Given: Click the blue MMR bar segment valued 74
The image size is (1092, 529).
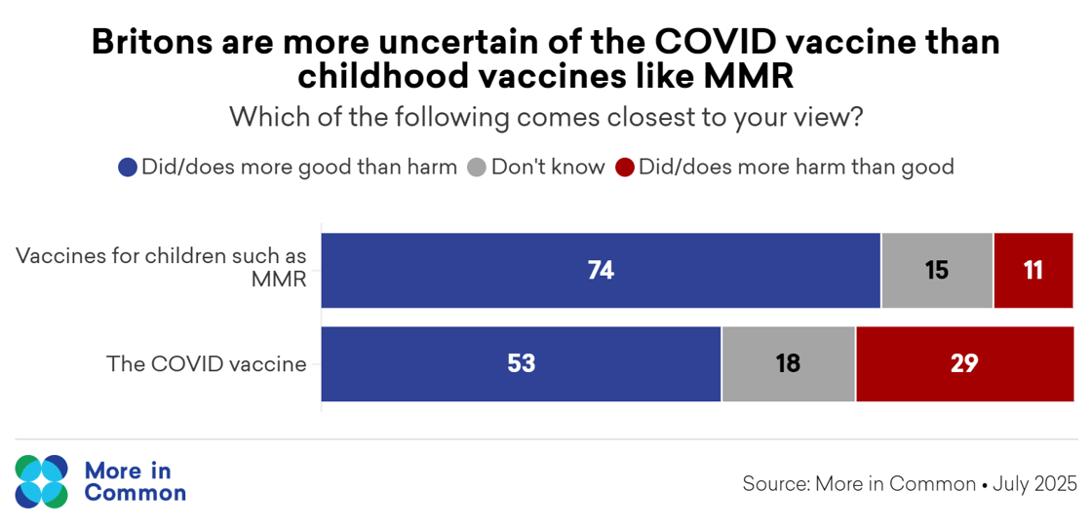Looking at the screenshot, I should (x=601, y=271).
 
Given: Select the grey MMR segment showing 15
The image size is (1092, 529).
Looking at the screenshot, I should (x=937, y=271).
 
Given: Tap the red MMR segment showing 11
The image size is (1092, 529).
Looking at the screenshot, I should (x=1033, y=271).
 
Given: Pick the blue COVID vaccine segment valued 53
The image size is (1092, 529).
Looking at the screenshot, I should (x=521, y=364).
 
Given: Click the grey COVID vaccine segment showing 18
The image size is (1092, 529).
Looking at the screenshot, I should (x=788, y=364).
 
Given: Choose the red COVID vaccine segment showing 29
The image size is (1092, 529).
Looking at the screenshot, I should (x=964, y=364).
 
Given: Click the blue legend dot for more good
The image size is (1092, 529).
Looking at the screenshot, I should (x=128, y=168).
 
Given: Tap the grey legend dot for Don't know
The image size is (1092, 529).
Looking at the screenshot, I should (x=477, y=168).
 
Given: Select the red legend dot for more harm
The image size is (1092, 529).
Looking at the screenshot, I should (x=625, y=168).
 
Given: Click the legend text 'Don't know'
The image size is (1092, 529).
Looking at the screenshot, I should (x=548, y=167).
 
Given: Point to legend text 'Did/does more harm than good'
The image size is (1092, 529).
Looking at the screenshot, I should (x=796, y=167).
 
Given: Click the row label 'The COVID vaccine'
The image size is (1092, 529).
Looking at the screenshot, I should (x=206, y=364).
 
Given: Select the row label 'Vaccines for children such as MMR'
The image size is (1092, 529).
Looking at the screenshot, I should (x=162, y=269).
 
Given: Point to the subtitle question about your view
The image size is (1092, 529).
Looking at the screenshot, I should (x=546, y=118).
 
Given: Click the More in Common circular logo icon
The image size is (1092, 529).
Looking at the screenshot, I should (x=42, y=481).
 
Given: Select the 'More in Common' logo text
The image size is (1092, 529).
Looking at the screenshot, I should (x=135, y=481).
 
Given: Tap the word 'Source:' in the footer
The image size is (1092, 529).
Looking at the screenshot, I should (x=775, y=484).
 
